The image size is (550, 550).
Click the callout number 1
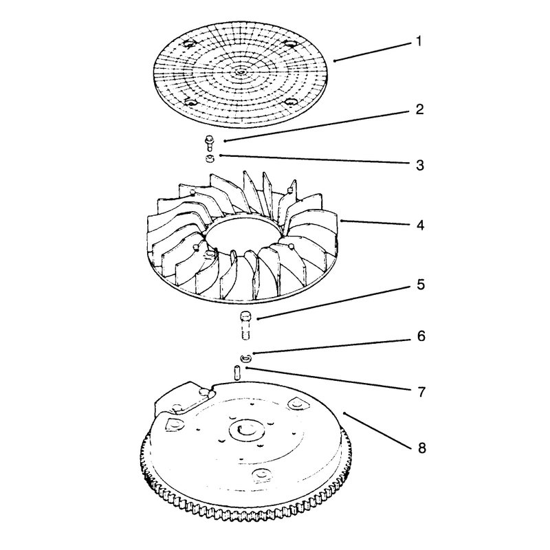(419, 41)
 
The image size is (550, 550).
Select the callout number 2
(419, 109)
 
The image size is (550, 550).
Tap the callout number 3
(420, 165)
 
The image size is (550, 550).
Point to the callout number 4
(420, 225)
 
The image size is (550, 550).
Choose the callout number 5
(421, 285)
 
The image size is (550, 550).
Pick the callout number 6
(421, 336)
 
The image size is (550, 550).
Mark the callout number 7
(421, 392)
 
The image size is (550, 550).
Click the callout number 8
(421, 448)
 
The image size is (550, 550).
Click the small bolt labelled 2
(210, 144)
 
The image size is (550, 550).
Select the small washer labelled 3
(210, 159)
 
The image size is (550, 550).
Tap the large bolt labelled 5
(245, 325)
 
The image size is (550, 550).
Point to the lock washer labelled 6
(246, 358)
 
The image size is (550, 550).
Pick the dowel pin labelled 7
(236, 372)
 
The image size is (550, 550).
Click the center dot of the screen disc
(241, 72)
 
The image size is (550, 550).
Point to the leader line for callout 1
(372, 52)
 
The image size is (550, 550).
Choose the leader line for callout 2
(318, 126)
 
